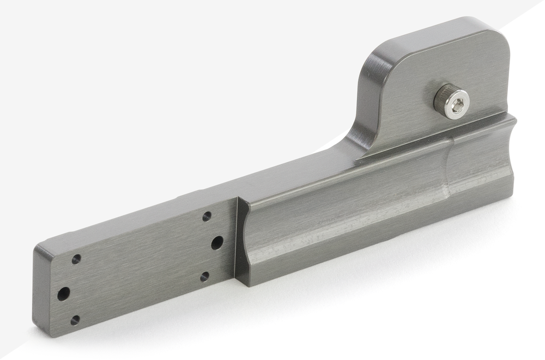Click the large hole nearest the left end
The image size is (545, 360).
click(64, 294)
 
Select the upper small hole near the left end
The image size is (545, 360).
click(76, 259)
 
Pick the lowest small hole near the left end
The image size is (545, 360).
click(75, 320)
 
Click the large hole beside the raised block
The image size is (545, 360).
click(217, 243)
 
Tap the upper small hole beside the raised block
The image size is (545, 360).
click(207, 217)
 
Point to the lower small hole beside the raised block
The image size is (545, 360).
click(204, 277)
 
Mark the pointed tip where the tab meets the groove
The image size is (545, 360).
click(357, 161)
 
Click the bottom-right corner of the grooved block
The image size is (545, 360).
click(511, 196)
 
